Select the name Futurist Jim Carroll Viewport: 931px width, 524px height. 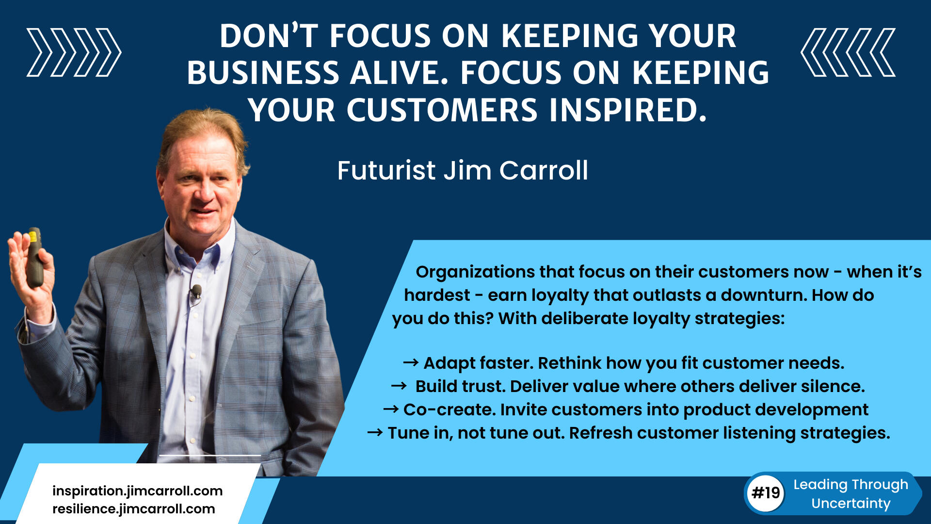point(463,170)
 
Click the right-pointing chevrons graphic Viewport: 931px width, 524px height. point(74,52)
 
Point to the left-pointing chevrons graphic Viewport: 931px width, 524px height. point(848,52)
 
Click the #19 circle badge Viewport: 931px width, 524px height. point(766,493)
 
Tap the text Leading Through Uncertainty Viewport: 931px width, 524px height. point(851,493)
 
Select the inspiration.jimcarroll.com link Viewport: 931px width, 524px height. point(137,491)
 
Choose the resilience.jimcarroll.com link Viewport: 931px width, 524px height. point(134,509)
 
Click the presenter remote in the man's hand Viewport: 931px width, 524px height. point(34,258)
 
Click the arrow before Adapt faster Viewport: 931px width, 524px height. point(411,362)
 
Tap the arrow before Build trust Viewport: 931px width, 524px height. point(399,386)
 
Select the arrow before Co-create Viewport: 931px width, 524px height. point(391,409)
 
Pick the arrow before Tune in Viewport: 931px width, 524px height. point(375,432)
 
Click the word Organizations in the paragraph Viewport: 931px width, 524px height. point(475,272)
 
